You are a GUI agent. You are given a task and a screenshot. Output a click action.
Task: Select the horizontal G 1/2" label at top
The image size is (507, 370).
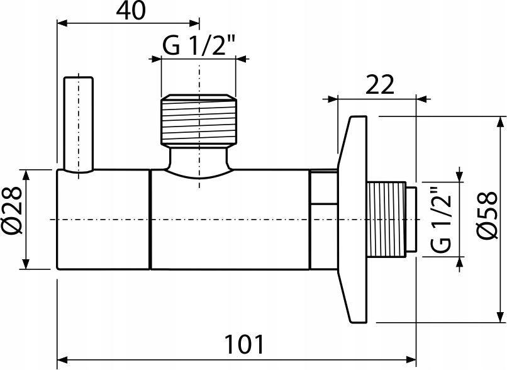coord(199,47)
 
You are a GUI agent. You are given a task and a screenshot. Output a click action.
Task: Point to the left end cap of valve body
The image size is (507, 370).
coord(103,219)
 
